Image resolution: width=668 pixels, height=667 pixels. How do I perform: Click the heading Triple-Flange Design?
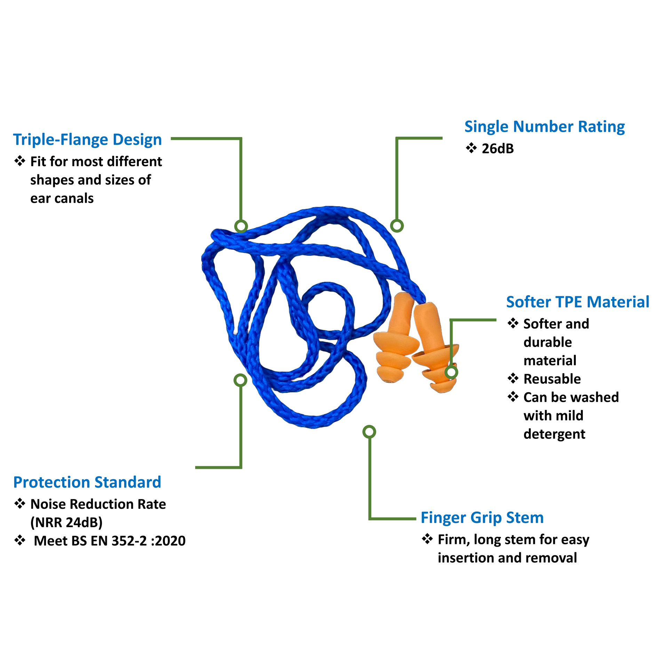click(87, 140)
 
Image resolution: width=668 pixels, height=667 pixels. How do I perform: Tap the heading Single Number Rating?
click(544, 127)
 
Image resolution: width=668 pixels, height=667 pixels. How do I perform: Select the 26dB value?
click(498, 149)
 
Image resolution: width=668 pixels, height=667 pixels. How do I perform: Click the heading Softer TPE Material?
click(578, 302)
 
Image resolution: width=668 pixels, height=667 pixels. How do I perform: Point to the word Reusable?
click(552, 379)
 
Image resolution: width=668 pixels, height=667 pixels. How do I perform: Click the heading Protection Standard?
click(87, 482)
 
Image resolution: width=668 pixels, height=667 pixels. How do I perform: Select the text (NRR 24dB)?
click(66, 522)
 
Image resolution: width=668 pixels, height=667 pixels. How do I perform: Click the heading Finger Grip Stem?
click(482, 518)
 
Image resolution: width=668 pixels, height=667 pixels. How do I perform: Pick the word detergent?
click(554, 434)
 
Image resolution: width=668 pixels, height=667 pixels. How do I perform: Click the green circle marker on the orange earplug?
click(451, 372)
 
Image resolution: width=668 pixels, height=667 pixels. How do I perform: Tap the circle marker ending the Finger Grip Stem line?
click(369, 432)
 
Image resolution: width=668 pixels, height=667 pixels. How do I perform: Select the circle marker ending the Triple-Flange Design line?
click(241, 226)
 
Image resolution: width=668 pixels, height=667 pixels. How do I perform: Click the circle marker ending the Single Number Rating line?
click(397, 226)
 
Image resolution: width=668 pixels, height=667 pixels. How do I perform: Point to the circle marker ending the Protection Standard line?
click(240, 380)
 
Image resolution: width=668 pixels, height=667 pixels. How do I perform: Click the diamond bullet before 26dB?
click(471, 148)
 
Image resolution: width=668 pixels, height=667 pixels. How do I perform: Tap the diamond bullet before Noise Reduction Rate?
click(20, 503)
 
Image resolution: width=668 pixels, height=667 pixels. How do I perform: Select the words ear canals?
click(62, 199)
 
